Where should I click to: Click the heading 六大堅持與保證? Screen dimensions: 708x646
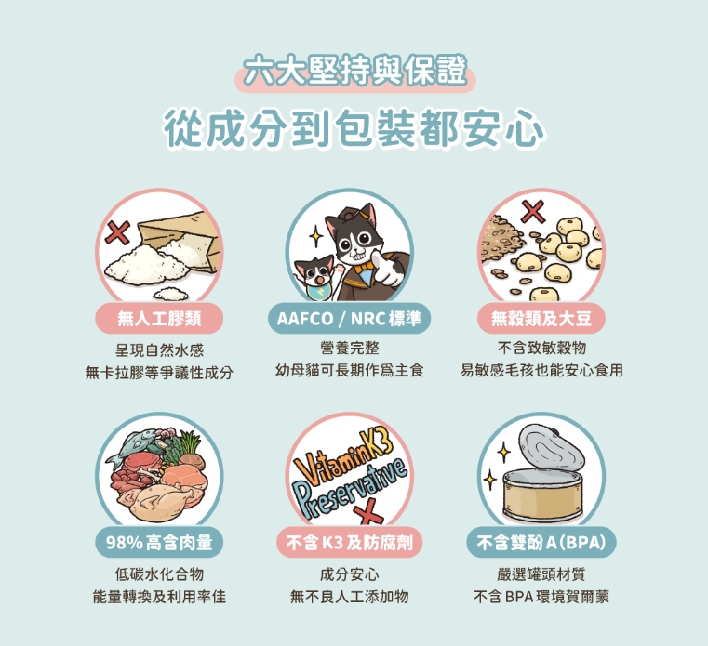[x=354, y=71]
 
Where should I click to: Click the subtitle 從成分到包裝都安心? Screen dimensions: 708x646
[x=354, y=127]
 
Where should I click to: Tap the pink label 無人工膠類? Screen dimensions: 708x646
[x=159, y=319]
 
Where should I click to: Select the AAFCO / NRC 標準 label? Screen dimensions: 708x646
[x=349, y=319]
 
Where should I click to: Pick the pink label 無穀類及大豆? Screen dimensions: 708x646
[x=541, y=319]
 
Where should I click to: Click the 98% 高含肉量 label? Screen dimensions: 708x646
[x=159, y=542]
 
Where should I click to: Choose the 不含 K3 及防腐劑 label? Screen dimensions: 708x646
[x=349, y=542]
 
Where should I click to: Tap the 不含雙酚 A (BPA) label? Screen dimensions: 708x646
[x=541, y=542]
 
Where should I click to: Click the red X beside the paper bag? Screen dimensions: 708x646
[x=118, y=232]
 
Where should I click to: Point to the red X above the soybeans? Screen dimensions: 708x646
[x=533, y=211]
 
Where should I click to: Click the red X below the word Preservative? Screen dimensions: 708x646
[x=369, y=515]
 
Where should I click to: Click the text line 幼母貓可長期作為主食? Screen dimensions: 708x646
[x=350, y=370]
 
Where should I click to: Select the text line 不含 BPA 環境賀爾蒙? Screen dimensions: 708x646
[x=541, y=597]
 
